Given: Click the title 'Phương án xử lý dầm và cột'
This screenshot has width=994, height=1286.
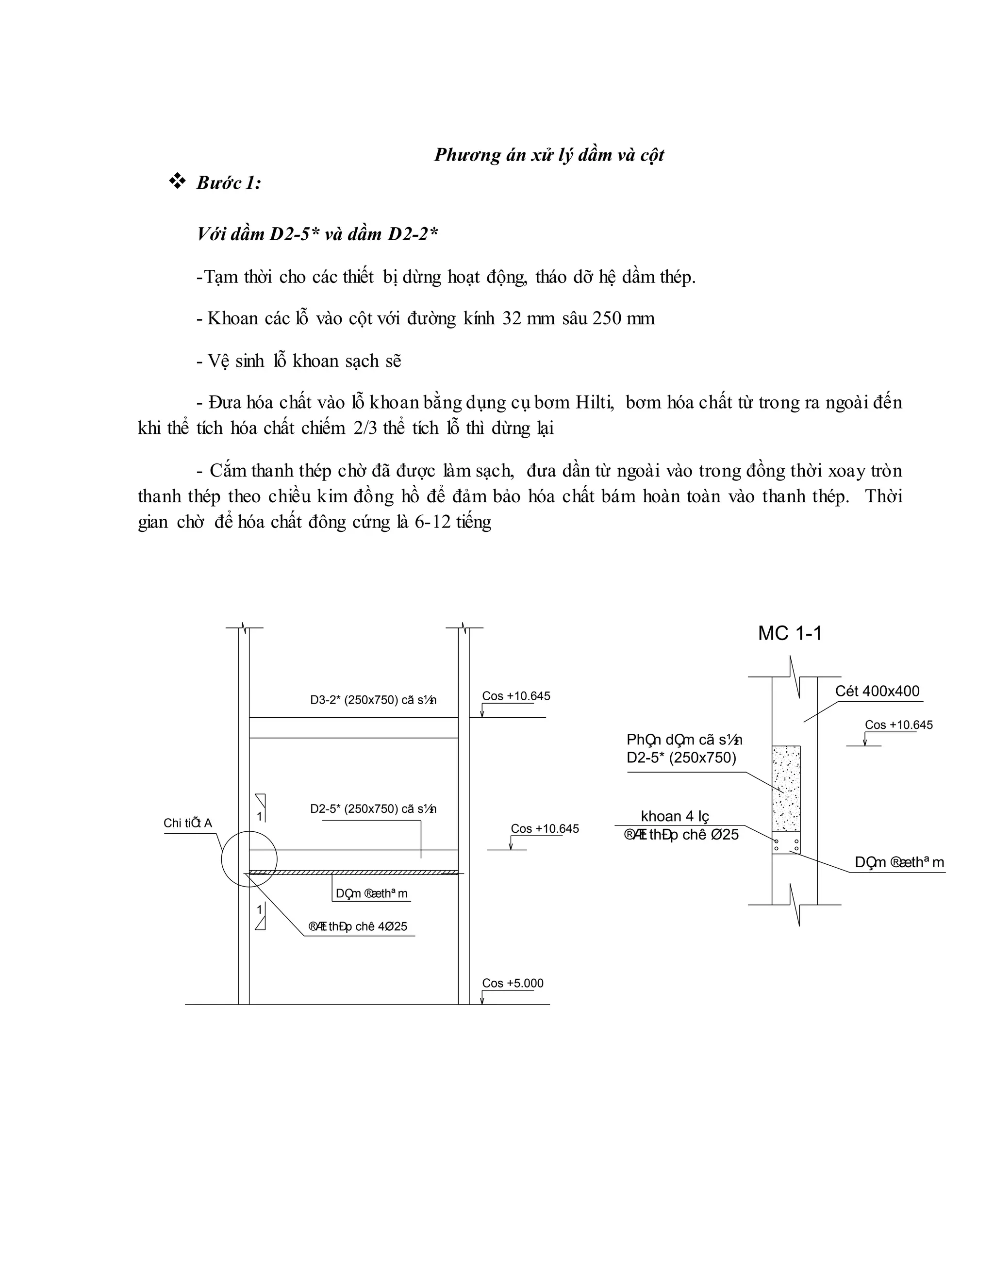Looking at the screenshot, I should (549, 155).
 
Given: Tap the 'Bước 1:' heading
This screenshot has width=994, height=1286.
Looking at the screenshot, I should (229, 183).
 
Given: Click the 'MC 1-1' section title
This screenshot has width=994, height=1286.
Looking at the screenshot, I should (790, 634).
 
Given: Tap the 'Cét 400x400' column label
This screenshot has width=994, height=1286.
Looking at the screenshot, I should (877, 691).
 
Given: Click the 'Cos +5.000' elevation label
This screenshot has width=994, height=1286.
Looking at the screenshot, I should (513, 983).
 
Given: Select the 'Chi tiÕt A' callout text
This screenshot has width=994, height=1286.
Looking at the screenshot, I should (187, 823).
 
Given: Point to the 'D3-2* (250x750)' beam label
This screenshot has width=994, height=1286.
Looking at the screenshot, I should (373, 700).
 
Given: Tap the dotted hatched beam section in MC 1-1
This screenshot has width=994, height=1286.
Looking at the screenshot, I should (786, 788).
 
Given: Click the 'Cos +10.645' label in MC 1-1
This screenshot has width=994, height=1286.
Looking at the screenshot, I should (898, 725).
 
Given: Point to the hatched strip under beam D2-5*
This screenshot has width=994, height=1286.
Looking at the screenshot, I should (353, 873).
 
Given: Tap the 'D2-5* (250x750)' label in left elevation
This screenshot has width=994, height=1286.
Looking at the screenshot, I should (373, 809).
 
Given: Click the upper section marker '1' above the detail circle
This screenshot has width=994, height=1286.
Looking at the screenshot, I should (260, 817).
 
